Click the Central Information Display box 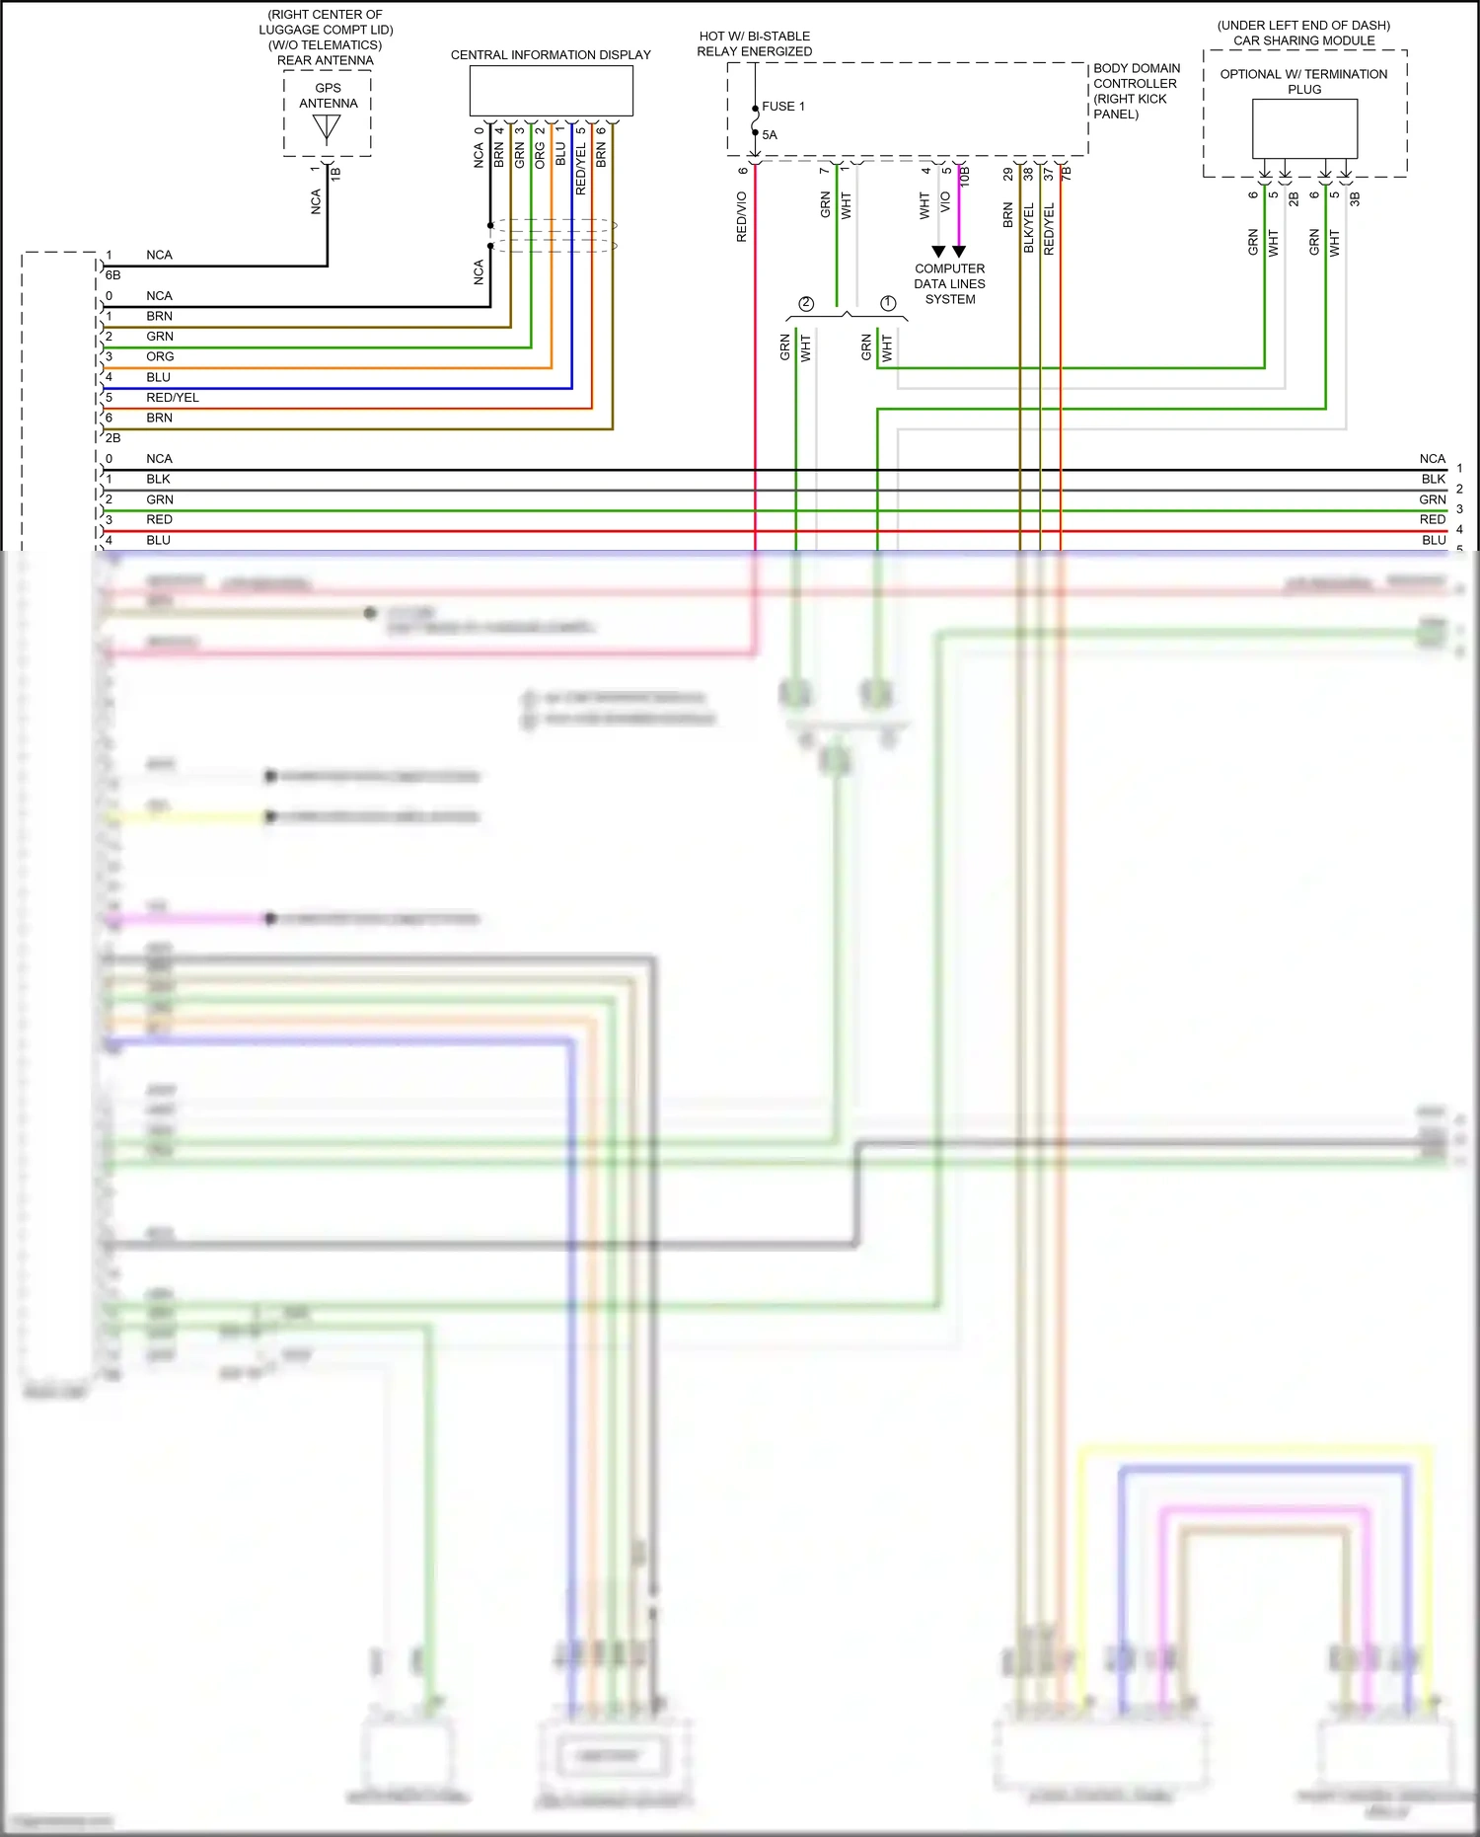click(x=551, y=91)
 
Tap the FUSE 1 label click(x=782, y=107)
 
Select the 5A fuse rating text click(x=770, y=135)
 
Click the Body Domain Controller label click(x=1136, y=91)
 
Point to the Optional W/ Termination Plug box click(x=1304, y=128)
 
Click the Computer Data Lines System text click(x=949, y=283)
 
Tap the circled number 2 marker click(x=806, y=304)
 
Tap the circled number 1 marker click(x=888, y=304)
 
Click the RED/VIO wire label click(x=742, y=217)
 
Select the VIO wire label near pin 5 click(x=945, y=202)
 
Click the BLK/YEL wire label click(x=1028, y=228)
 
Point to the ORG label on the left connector click(x=160, y=357)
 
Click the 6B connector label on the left click(x=112, y=275)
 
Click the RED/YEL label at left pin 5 click(x=173, y=398)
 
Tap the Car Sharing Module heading click(x=1303, y=40)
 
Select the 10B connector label click(x=965, y=176)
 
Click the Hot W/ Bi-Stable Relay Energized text click(x=755, y=43)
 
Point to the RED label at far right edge click(x=1432, y=520)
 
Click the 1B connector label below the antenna click(x=335, y=173)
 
